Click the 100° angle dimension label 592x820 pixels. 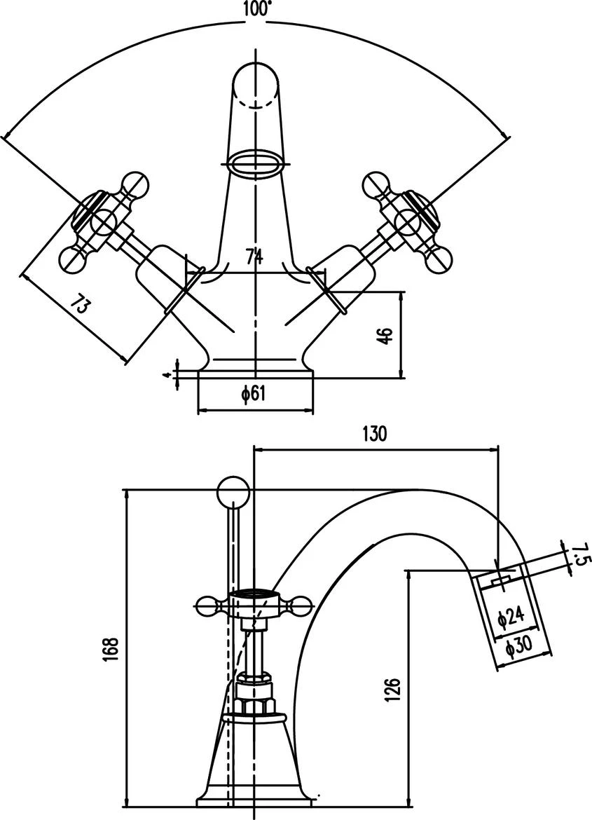pos(256,8)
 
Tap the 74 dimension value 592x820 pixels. pos(255,258)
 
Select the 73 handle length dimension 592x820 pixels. pos(82,306)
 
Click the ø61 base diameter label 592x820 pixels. pos(254,395)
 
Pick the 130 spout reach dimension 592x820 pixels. pos(374,434)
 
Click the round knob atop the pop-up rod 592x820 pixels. pos(233,493)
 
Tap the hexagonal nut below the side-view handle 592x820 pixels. pos(254,697)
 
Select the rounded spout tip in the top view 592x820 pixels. pos(257,84)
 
